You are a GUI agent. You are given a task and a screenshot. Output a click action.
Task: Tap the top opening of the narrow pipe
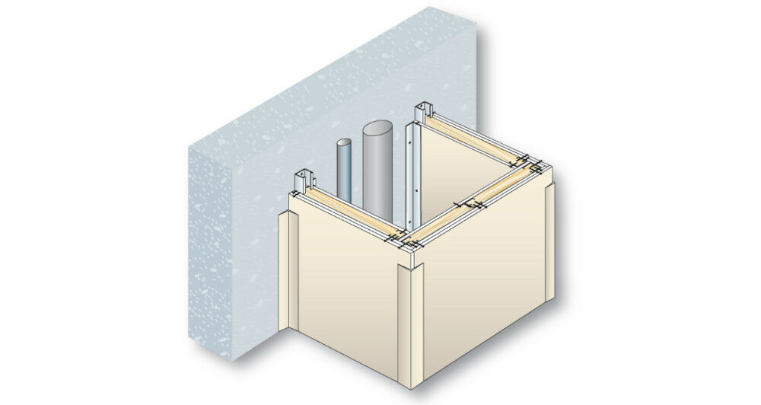[x=344, y=142]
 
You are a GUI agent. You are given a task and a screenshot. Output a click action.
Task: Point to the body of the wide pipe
[x=376, y=171]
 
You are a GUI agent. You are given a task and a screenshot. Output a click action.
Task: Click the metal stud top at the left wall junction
[x=307, y=177]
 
